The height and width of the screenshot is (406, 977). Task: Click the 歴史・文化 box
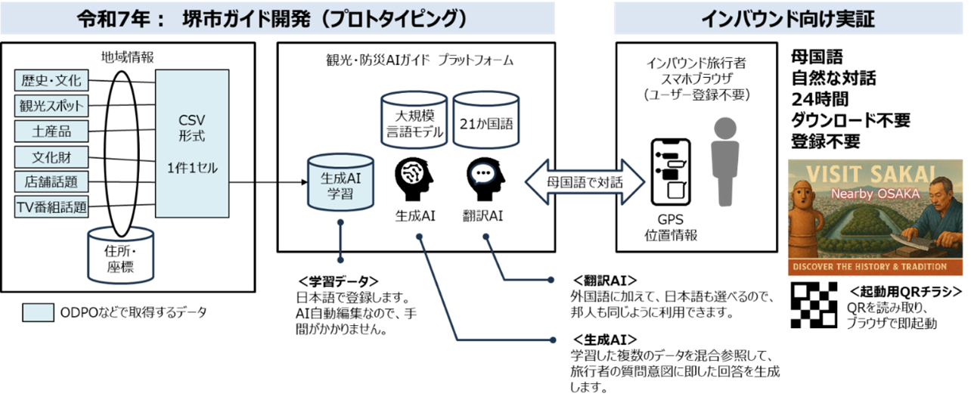51,80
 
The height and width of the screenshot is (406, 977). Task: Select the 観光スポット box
51,105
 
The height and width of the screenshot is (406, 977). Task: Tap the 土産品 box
51,131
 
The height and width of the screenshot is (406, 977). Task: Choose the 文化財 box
51,157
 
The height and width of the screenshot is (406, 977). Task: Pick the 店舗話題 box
51,181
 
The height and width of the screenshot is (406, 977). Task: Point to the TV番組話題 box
51,206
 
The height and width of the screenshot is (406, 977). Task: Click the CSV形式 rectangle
192,144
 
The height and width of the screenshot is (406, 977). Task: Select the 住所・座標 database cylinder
120,259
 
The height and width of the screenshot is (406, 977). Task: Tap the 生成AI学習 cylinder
340,184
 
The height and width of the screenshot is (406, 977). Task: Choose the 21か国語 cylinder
485,121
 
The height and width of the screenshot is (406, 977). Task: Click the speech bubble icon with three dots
482,175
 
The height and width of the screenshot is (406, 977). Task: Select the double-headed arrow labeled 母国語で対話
585,181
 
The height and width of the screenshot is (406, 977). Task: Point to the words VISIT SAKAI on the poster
876,172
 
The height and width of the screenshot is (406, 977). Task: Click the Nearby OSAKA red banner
876,194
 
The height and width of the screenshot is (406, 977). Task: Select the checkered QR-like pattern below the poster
814,305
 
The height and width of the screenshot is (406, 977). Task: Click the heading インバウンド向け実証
788,19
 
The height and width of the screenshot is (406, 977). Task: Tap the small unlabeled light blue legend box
38,312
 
